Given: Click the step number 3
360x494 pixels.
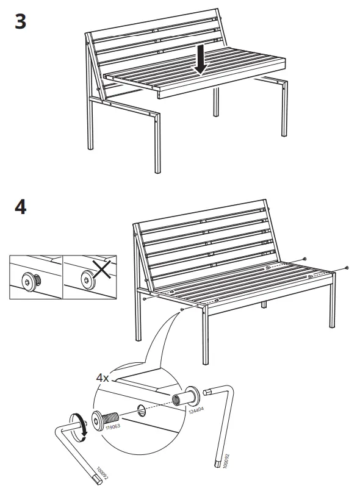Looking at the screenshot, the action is (x=21, y=22).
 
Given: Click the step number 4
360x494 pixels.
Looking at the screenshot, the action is (x=21, y=207).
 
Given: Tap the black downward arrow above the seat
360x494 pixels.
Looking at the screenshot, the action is (x=201, y=59).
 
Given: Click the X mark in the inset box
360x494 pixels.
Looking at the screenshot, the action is (x=101, y=269).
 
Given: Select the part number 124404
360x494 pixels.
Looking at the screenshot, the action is (x=196, y=410).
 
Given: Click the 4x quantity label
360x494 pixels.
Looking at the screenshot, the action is (x=103, y=378).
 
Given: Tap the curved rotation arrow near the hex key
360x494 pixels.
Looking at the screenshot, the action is (x=81, y=426).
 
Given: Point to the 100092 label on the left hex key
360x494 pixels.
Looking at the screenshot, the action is (x=103, y=473).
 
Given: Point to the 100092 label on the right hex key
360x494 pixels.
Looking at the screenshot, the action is (x=225, y=460).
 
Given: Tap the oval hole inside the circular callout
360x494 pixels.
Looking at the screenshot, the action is (x=142, y=410).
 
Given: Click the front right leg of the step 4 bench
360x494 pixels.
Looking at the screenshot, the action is (x=205, y=335).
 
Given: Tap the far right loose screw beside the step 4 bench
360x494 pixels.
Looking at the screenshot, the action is (x=347, y=268).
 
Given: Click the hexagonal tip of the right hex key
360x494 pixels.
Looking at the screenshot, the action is (x=206, y=392).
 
